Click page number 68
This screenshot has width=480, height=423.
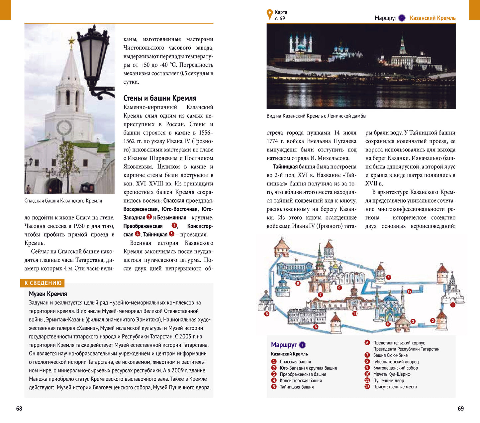(19, 408)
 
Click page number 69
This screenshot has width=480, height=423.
(460, 408)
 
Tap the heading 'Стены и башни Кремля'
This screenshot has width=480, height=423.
(160, 98)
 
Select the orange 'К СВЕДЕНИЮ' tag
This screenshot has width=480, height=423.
(43, 283)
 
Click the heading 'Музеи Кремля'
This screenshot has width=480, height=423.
(48, 294)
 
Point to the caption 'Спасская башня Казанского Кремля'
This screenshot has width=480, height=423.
(63, 201)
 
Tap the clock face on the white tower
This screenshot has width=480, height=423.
(64, 128)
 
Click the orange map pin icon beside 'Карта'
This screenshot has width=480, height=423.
(270, 14)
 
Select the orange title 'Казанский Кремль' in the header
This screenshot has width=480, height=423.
(432, 18)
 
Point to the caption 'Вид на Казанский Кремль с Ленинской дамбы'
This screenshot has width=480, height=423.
(316, 116)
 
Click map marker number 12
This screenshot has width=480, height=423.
(409, 291)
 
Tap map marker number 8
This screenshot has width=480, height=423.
(298, 284)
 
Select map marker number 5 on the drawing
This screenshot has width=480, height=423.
(266, 314)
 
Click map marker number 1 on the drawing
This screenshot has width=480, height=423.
(453, 305)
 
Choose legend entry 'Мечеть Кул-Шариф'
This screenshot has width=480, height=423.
(392, 374)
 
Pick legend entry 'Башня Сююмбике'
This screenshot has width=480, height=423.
(390, 355)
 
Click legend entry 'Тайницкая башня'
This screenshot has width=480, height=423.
(297, 387)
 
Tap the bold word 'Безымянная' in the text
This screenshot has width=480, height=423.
(171, 218)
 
